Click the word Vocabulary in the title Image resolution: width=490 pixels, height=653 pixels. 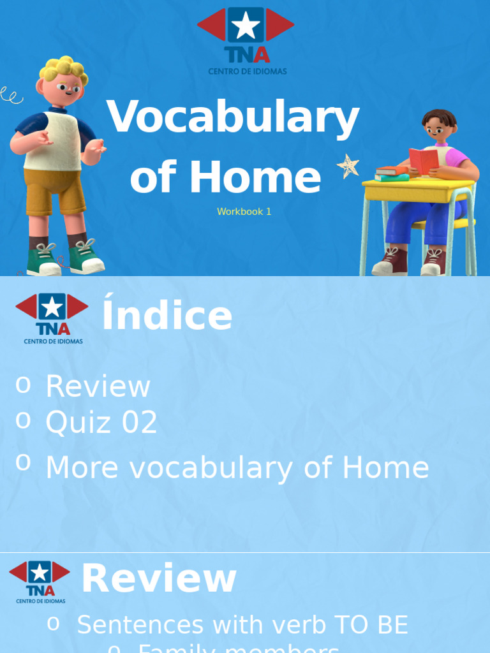click(233, 119)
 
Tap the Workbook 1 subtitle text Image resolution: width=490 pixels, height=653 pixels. click(244, 212)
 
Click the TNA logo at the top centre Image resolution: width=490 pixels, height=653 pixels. click(246, 35)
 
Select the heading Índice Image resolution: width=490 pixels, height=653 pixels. click(167, 316)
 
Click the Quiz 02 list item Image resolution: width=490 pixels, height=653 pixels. click(101, 422)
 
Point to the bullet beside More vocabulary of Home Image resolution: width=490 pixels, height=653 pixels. click(23, 462)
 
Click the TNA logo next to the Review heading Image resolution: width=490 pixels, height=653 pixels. click(40, 581)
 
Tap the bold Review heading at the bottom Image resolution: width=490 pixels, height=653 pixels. click(159, 579)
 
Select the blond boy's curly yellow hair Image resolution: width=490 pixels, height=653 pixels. click(64, 69)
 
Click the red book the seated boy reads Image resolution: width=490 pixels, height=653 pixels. click(423, 160)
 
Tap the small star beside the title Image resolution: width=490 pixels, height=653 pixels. click(348, 166)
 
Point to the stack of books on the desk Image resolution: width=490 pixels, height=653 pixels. click(391, 173)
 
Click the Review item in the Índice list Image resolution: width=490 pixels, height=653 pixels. click(98, 386)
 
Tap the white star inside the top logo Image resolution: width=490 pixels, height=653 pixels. click(246, 26)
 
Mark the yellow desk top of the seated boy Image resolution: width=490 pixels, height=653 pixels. click(419, 187)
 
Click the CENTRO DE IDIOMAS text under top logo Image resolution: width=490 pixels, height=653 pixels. click(248, 71)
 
